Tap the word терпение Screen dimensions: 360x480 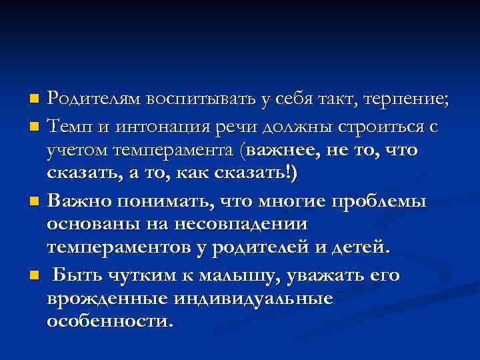pyautogui.click(x=409, y=100)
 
